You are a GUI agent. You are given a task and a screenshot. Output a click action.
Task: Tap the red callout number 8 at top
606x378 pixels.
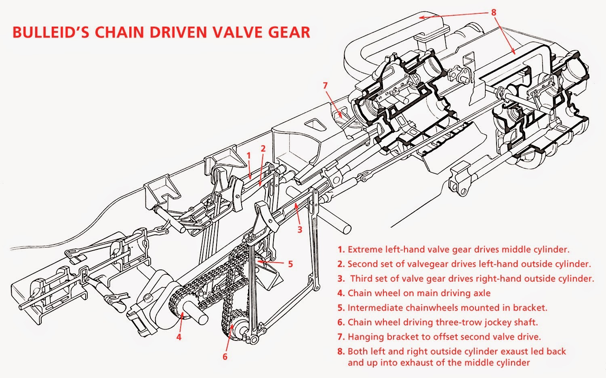[x=493, y=12]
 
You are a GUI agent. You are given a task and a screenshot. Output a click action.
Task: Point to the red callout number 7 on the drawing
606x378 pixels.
[x=325, y=86]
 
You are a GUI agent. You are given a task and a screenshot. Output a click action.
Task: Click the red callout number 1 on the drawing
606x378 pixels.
[x=249, y=155]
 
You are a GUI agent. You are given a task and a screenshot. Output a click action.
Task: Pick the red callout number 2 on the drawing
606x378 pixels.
[x=263, y=148]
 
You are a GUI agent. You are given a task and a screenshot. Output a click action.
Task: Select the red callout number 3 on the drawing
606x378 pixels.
[x=299, y=230]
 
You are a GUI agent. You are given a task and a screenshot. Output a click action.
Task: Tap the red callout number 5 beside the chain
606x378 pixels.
[x=290, y=264]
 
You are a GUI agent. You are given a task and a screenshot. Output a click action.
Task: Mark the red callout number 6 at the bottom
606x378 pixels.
[x=225, y=357]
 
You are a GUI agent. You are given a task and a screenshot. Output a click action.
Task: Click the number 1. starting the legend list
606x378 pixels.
[x=341, y=249]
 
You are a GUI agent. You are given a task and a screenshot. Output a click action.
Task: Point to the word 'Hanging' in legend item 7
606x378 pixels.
[x=364, y=337]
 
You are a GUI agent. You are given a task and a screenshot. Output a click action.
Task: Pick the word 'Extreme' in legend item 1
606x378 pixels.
[x=364, y=249]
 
